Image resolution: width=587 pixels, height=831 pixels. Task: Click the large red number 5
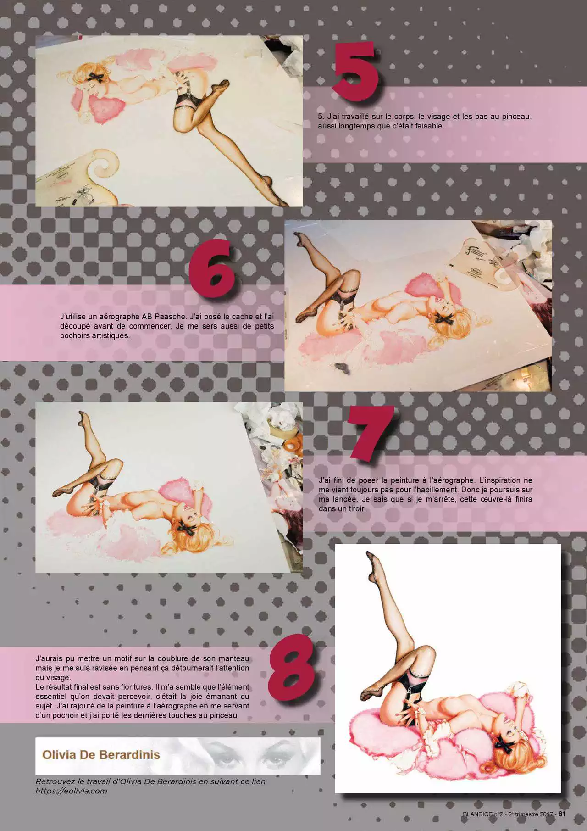pyautogui.click(x=355, y=70)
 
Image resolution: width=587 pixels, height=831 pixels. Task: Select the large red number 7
pyautogui.click(x=371, y=432)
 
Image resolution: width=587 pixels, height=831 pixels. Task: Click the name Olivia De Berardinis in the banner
pyautogui.click(x=101, y=754)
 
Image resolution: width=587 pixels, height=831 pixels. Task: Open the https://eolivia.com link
pyautogui.click(x=71, y=791)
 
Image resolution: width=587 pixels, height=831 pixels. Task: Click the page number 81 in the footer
pyautogui.click(x=562, y=814)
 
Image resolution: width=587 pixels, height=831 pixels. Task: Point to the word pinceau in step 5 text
pyautogui.click(x=516, y=117)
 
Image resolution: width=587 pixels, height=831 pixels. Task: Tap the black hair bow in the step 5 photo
pyautogui.click(x=96, y=76)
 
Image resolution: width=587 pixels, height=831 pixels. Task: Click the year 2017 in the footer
pyautogui.click(x=546, y=814)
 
